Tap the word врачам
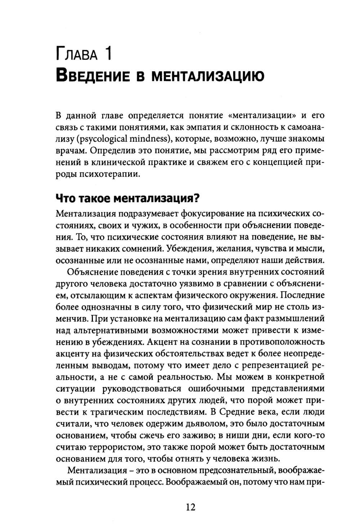pos(71,151)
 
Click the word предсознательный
pos(229,471)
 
